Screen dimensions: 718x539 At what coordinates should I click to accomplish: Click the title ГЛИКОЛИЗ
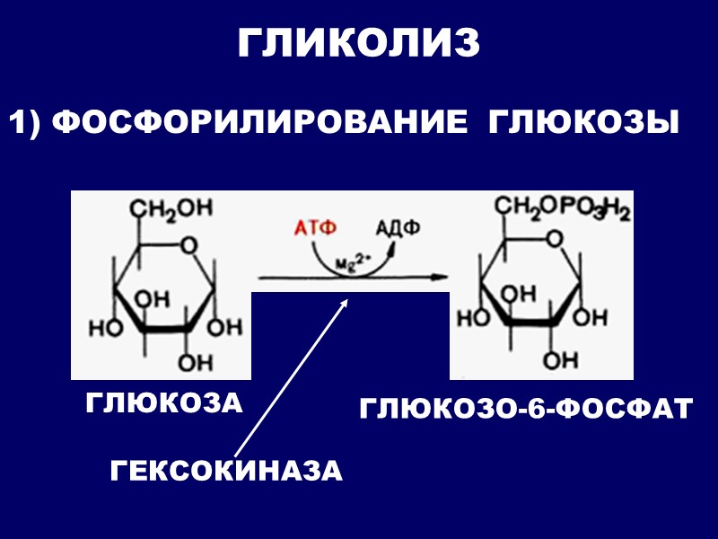click(359, 43)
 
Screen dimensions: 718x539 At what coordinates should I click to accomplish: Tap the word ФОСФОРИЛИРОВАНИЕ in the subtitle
click(260, 123)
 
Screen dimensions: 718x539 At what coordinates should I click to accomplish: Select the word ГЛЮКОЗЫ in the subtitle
click(582, 123)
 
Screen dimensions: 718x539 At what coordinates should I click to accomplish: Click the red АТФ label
click(316, 227)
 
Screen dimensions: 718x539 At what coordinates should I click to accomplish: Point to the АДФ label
click(398, 227)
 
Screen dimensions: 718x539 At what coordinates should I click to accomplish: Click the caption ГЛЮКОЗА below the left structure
click(165, 402)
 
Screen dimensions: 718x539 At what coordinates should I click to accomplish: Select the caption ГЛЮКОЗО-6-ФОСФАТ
click(526, 409)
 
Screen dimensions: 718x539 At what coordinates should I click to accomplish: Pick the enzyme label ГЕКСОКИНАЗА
click(226, 471)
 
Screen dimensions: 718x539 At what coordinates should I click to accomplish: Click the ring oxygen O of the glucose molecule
click(187, 244)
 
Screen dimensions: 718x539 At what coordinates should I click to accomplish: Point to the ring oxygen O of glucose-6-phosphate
click(555, 239)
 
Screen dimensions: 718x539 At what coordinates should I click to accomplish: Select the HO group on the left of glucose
click(101, 327)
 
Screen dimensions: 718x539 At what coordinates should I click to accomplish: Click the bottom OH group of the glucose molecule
click(191, 362)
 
